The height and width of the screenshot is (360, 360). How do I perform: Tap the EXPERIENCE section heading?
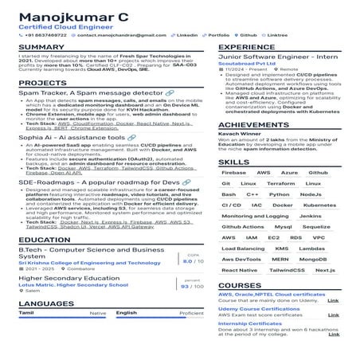(247, 48)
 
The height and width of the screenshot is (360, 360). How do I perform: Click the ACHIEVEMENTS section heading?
(254, 125)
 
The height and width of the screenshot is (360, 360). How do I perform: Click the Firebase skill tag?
(234, 172)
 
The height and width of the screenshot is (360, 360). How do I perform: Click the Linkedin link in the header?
(187, 35)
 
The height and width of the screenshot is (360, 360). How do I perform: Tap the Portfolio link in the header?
(218, 35)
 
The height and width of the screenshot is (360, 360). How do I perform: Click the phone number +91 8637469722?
(46, 35)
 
